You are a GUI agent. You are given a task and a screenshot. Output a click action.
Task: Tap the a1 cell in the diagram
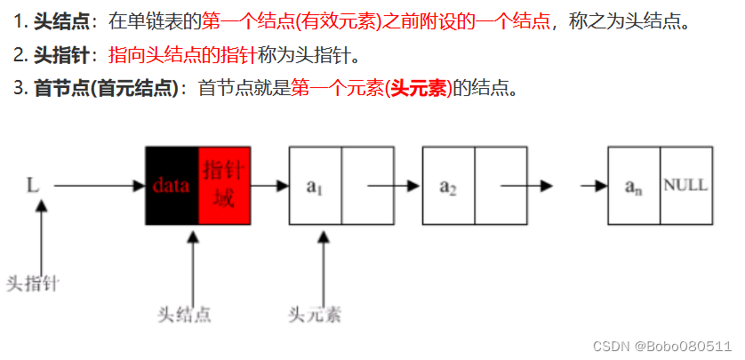click(x=315, y=186)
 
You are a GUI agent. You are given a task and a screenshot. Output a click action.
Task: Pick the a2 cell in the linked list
click(x=447, y=186)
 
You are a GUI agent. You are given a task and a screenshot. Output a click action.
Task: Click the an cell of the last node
click(x=633, y=186)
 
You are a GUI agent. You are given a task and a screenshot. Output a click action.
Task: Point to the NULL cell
click(x=685, y=186)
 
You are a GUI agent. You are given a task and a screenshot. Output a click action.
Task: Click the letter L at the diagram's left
click(x=34, y=186)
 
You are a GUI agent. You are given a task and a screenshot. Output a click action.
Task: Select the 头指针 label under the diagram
click(x=33, y=284)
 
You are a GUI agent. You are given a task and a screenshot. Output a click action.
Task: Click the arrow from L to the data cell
click(x=98, y=186)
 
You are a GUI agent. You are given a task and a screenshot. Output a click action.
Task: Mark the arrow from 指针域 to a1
click(x=270, y=186)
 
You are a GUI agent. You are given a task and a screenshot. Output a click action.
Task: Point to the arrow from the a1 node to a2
click(x=387, y=186)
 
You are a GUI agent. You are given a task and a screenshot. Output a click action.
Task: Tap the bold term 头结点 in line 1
click(x=61, y=20)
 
